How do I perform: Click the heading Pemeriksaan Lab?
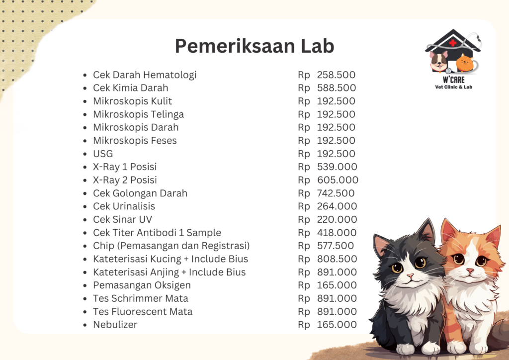click(254, 46)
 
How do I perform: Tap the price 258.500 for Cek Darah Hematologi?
click(336, 75)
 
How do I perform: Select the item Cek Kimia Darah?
click(131, 88)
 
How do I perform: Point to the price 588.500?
click(337, 88)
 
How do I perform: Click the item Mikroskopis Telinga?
click(138, 114)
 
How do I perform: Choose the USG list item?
click(103, 154)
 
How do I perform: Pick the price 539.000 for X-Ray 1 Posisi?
click(337, 167)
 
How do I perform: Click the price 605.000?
click(338, 180)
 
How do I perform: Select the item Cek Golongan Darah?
click(140, 193)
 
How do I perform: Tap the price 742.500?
click(336, 193)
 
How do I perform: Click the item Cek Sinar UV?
click(122, 219)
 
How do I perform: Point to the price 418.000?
click(337, 233)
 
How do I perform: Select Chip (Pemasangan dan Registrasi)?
click(171, 246)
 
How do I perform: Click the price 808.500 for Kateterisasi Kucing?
click(337, 259)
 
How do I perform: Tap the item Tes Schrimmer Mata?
click(141, 298)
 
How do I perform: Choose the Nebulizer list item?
click(115, 325)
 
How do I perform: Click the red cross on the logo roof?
click(452, 42)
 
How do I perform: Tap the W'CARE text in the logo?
click(453, 80)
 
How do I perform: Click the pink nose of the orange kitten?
click(470, 270)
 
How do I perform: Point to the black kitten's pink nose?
click(410, 276)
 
